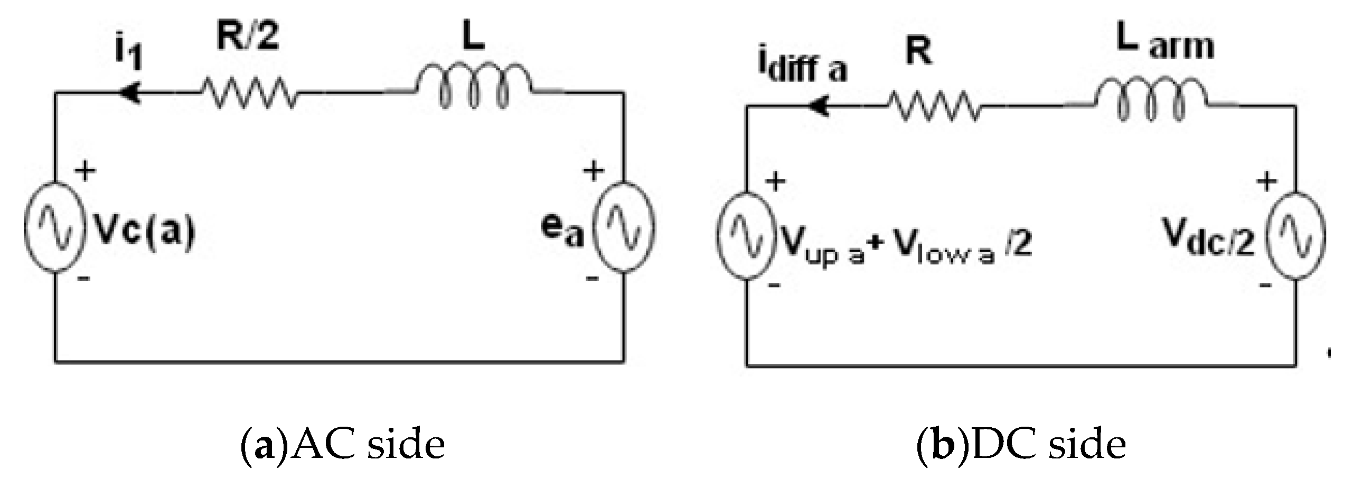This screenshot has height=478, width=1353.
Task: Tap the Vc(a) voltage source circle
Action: [54, 227]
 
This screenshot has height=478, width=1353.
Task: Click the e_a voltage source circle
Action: [624, 227]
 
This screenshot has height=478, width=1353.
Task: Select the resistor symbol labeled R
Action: [934, 107]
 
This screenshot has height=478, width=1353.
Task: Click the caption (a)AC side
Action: [343, 445]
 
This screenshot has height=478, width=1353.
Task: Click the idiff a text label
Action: [803, 70]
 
